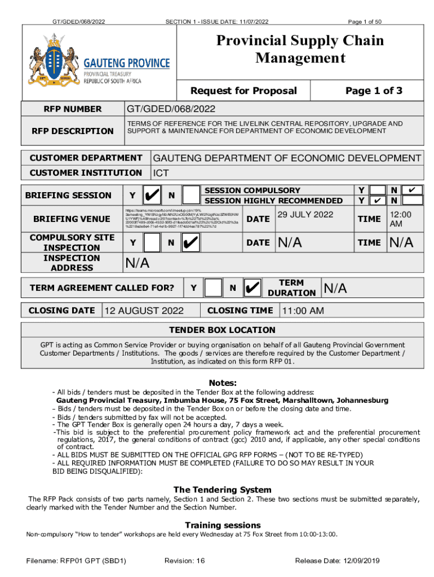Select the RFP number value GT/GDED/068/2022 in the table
(170, 109)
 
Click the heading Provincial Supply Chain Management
(300, 49)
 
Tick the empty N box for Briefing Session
(192, 196)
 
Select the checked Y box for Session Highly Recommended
(378, 200)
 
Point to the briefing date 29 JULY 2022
(305, 215)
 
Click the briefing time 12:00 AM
(401, 219)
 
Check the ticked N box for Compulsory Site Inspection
(192, 243)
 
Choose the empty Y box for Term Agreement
(212, 288)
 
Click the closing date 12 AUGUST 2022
(144, 310)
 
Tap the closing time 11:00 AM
(303, 310)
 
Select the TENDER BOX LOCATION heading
(223, 330)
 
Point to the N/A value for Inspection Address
(137, 263)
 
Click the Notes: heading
(223, 383)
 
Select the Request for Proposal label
(243, 91)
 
